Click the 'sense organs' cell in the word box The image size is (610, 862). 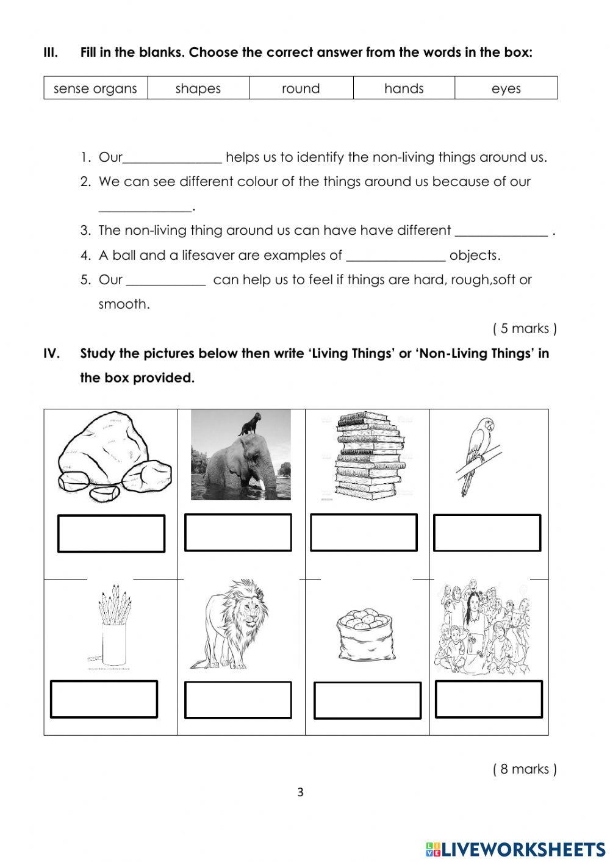tap(95, 88)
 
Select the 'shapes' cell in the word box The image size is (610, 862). tap(198, 88)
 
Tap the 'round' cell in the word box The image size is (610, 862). tap(301, 88)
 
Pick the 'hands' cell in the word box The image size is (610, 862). tap(404, 88)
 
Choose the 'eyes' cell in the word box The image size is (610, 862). tap(506, 88)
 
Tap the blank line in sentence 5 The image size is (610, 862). tap(166, 282)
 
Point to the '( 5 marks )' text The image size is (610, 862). tap(525, 329)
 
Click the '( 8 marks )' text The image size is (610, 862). tap(525, 769)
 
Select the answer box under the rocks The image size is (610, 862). tap(111, 534)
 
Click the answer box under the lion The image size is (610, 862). tap(238, 700)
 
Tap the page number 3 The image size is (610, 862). tap(300, 793)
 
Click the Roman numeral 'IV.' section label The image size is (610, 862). tap(52, 354)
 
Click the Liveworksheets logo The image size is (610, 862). tap(515, 849)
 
